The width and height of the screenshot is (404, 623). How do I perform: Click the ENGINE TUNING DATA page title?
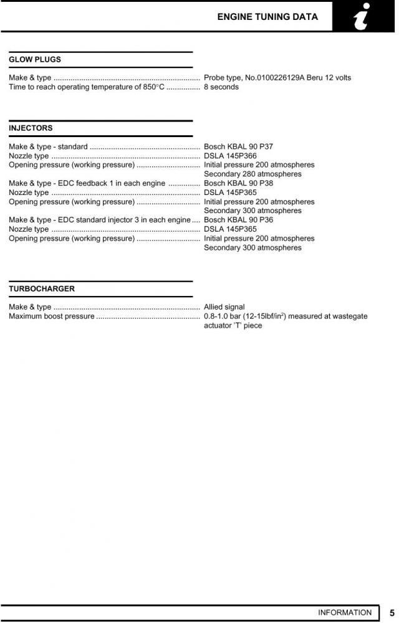pos(267,17)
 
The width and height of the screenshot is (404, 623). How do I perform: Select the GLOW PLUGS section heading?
pos(35,60)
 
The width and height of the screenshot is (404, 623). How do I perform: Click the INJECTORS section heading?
pos(31,128)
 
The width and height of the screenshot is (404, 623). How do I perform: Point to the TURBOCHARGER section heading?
pos(42,289)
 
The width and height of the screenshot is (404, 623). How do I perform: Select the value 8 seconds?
pos(221,87)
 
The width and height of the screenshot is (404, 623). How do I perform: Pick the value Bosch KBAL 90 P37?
pos(238,147)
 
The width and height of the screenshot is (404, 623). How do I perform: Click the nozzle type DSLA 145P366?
pos(230,156)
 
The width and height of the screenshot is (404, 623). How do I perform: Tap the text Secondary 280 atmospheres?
pos(252,174)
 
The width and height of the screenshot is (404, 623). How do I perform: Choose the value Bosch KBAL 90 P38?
pos(238,183)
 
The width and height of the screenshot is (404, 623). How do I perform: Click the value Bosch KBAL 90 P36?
pos(238,220)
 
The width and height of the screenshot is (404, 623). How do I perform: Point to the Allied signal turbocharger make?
pos(224,307)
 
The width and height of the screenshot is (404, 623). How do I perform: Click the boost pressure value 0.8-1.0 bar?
pos(224,316)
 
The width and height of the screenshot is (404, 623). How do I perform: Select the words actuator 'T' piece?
pos(233,326)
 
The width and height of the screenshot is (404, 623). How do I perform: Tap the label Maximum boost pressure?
pos(52,316)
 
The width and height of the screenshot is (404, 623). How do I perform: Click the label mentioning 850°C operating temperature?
pos(87,87)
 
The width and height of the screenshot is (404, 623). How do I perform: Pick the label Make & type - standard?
pos(48,147)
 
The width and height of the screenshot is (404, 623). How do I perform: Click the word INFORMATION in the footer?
pos(344,613)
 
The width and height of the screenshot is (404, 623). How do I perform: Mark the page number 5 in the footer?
pos(392,613)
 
